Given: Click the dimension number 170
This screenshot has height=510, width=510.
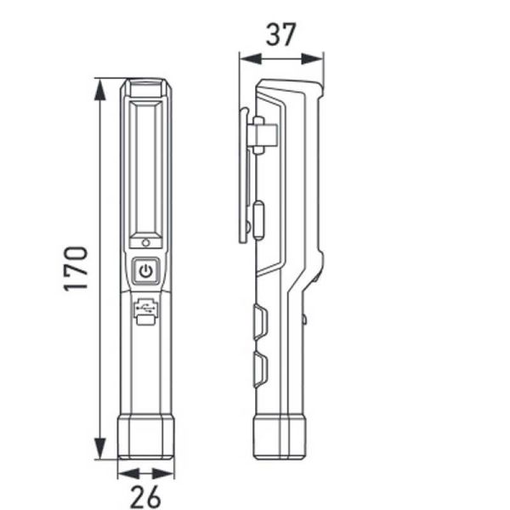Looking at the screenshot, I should click(76, 269).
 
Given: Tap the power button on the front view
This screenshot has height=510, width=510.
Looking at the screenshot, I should click(145, 271).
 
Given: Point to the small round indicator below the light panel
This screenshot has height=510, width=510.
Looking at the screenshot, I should click(145, 242).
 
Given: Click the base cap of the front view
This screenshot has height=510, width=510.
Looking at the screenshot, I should click(145, 436).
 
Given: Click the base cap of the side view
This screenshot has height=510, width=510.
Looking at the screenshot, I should click(280, 436).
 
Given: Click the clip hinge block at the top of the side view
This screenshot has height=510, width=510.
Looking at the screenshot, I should click(263, 134).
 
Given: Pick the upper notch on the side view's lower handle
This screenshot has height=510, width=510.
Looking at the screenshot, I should click(259, 322).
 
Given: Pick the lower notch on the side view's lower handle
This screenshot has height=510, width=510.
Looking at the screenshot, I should click(259, 371).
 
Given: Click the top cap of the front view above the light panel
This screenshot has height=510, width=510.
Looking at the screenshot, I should click(145, 88).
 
